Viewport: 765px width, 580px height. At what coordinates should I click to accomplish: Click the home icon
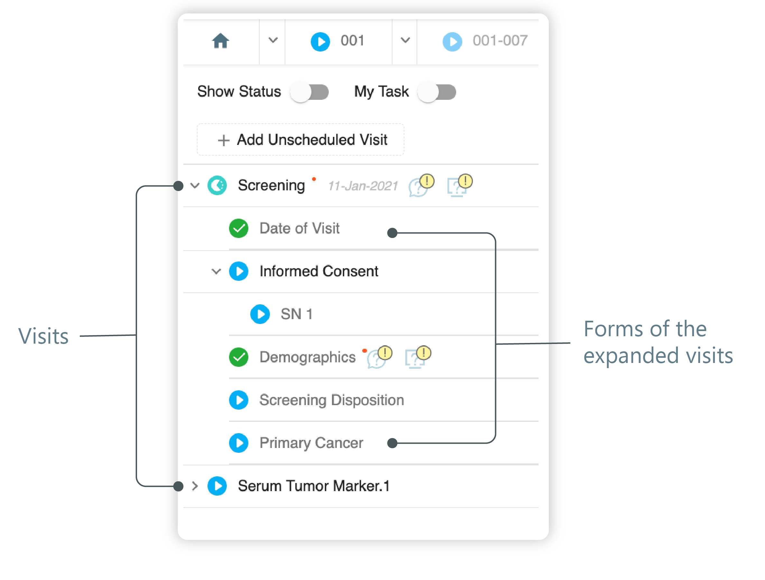(220, 41)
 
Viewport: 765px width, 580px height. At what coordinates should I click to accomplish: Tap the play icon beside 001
(320, 42)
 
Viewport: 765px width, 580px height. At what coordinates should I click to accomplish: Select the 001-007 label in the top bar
(500, 41)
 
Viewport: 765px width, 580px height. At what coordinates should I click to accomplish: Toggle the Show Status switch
(309, 92)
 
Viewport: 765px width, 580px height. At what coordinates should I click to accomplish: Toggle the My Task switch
(437, 92)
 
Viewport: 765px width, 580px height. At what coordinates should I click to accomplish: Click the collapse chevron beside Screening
(195, 185)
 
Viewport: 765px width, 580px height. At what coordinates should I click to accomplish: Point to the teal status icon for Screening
(217, 185)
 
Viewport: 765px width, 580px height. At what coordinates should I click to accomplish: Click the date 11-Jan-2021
(363, 186)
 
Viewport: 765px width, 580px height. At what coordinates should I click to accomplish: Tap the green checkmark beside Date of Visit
(239, 229)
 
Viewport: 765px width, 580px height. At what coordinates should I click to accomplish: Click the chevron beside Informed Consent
(216, 271)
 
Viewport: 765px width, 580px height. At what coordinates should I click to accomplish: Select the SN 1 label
(297, 314)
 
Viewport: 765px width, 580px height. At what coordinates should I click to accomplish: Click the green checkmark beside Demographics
(239, 357)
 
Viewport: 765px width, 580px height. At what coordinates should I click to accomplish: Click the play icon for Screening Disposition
(239, 400)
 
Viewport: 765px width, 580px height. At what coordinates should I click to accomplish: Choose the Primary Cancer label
(311, 443)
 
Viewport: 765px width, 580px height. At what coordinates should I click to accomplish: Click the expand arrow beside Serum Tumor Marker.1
(195, 486)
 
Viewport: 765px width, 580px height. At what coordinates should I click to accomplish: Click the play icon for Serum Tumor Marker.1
(217, 486)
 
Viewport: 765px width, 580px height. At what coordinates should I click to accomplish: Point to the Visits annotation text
(43, 336)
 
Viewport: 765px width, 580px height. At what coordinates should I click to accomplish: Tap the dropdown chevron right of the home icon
(273, 41)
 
